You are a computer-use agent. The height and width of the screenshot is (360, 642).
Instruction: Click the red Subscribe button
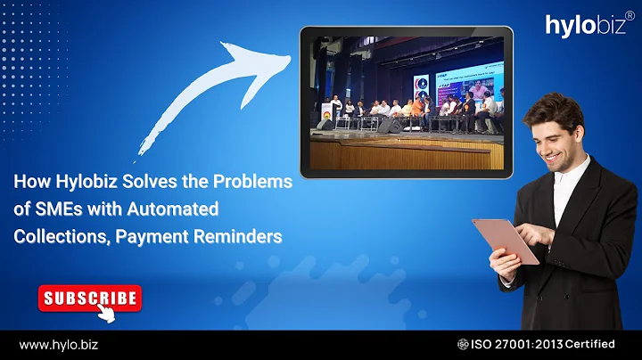pos(89,298)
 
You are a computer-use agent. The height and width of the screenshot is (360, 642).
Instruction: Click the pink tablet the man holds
pos(505,240)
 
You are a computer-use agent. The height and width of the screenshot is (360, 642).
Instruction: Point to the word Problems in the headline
pos(254,181)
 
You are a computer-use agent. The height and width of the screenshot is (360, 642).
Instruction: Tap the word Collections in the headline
pos(56,236)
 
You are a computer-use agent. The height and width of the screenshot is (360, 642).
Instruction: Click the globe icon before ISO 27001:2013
pos(464,344)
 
